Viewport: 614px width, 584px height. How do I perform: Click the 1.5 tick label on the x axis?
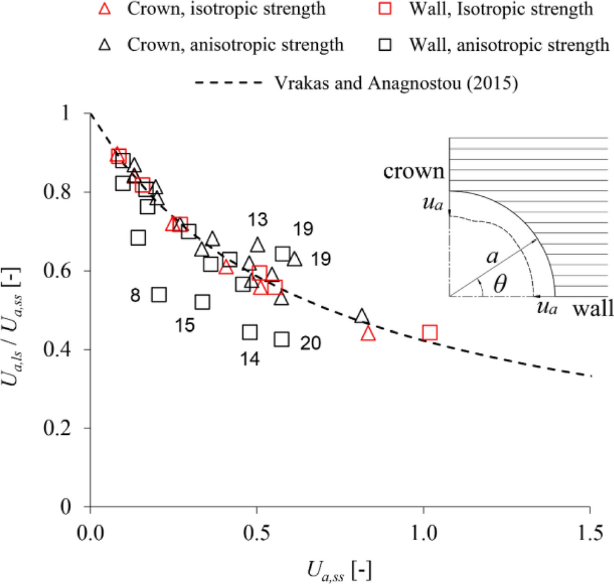click(590, 533)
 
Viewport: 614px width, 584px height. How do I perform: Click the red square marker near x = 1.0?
click(429, 332)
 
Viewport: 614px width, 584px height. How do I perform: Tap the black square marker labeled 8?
click(159, 295)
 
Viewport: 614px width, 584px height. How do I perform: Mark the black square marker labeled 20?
click(282, 340)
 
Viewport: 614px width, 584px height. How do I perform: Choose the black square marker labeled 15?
click(202, 302)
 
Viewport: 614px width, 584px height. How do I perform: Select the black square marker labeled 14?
click(250, 332)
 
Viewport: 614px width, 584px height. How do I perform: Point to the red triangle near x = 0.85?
click(369, 334)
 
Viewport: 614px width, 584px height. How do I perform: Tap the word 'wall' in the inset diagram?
click(592, 310)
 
